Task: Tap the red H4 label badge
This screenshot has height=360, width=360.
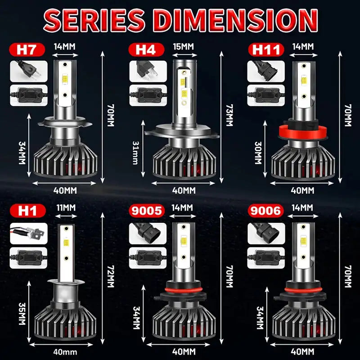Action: click(x=143, y=49)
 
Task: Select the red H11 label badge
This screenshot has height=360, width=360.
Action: click(x=265, y=49)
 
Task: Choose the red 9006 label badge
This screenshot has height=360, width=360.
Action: click(x=265, y=210)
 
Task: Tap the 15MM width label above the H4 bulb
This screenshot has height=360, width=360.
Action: click(x=183, y=46)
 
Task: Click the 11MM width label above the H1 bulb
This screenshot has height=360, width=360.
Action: click(x=66, y=207)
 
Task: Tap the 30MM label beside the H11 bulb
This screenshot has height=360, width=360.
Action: click(x=258, y=153)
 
